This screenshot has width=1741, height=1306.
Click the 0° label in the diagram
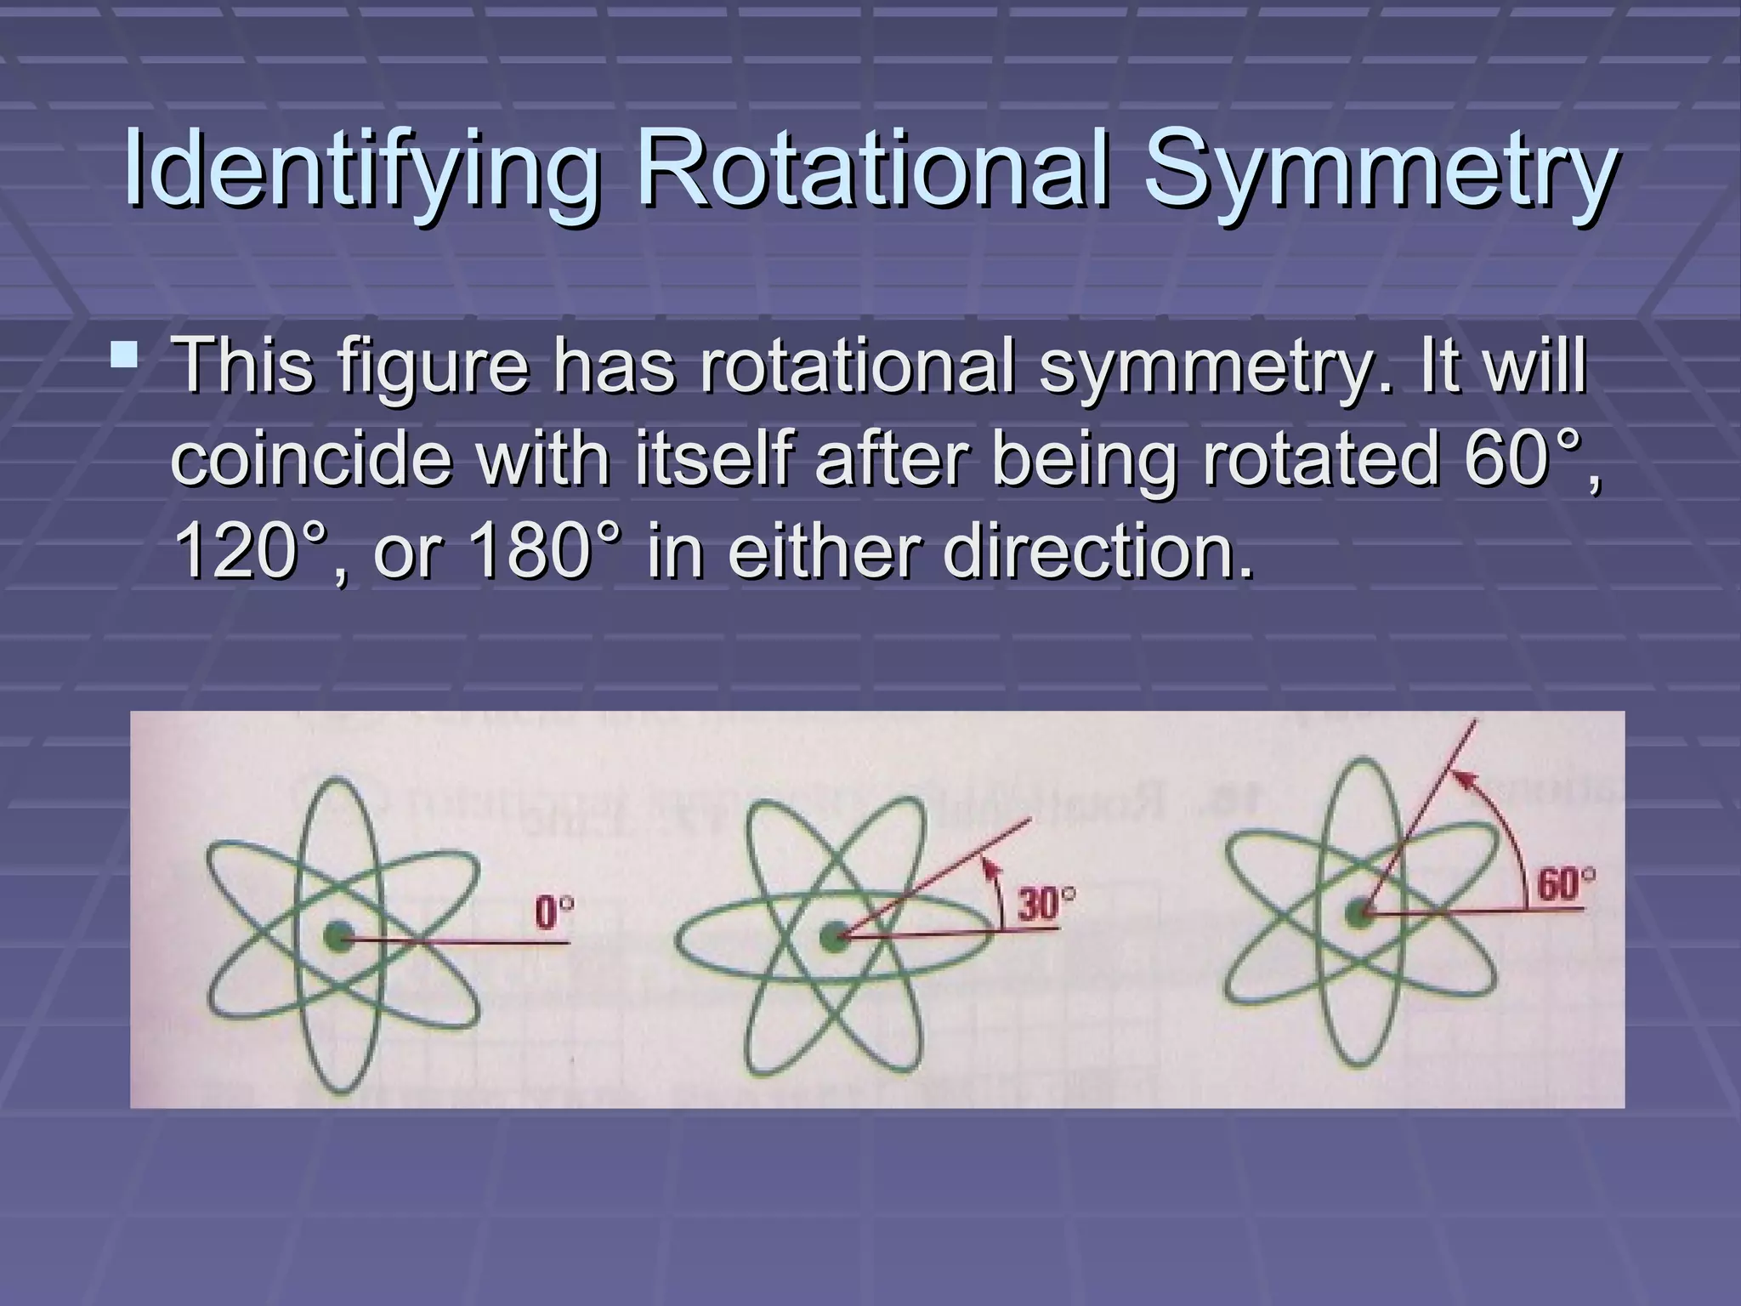(553, 915)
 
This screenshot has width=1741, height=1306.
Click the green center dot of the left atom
(338, 939)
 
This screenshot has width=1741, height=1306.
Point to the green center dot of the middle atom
(834, 938)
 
